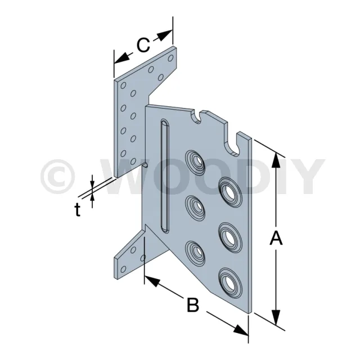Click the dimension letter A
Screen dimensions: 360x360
[276, 238]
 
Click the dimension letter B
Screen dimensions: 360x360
[193, 305]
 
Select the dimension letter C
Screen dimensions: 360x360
[143, 45]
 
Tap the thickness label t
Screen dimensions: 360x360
[78, 210]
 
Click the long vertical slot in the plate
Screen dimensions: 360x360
[165, 175]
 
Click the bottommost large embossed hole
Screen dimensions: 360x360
[230, 283]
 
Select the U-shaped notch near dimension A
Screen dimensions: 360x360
[232, 145]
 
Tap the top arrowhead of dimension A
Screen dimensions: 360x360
[276, 160]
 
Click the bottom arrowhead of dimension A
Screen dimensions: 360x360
[276, 317]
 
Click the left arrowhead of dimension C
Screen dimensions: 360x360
[122, 58]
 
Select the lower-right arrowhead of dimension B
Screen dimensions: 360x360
[241, 331]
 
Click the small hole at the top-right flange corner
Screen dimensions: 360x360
[170, 58]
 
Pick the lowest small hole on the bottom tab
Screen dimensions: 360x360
[124, 269]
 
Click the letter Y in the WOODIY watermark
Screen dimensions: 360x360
[307, 176]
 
